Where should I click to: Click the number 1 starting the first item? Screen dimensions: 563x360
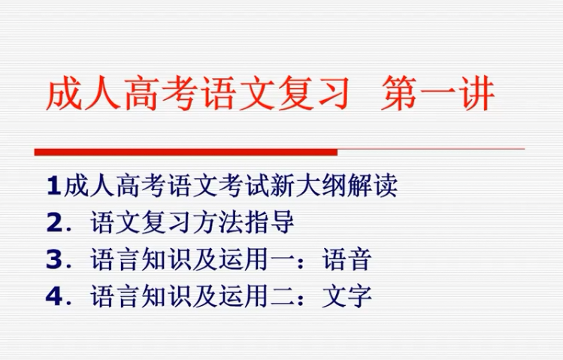53,186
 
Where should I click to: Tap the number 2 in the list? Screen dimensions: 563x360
54,222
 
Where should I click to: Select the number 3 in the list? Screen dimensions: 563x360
54,259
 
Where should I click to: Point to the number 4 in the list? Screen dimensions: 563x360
54,296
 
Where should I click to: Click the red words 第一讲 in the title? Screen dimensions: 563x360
437,94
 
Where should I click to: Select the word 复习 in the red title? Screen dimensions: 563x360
313,94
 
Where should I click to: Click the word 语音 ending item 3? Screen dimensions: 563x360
347,259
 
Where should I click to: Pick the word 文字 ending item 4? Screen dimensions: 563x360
347,296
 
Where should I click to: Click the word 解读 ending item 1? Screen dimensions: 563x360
373,186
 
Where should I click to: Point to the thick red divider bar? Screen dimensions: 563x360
186,152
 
